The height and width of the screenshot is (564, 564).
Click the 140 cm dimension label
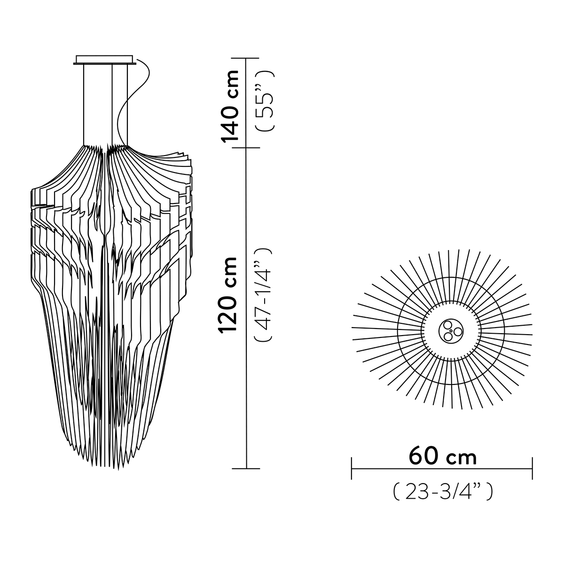coord(231,106)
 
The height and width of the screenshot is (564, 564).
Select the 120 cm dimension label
coord(231,295)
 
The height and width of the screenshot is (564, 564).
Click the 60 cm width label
coord(442,456)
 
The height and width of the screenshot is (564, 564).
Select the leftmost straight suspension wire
coord(84,103)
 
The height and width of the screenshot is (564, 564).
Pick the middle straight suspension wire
coord(112,103)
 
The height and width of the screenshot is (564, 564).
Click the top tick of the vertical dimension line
coord(247,58)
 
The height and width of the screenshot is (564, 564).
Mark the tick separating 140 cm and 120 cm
coord(247,148)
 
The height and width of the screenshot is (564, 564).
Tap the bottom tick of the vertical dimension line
coord(247,469)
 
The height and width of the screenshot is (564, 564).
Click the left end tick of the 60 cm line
coord(352,469)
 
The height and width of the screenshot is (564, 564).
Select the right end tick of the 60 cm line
coord(532,469)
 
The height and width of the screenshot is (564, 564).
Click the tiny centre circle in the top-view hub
coord(450,331)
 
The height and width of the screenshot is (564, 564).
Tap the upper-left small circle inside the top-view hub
coord(446,326)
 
